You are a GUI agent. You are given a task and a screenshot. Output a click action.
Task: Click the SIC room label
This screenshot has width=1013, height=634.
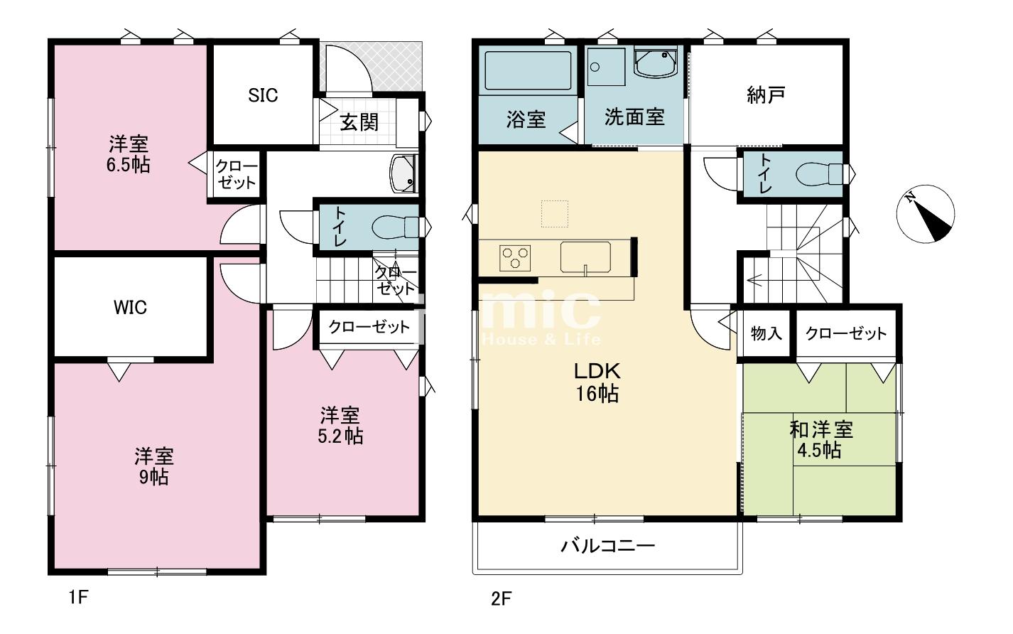[263, 95]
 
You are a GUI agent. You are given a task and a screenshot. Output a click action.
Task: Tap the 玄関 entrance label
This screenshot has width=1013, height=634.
[359, 122]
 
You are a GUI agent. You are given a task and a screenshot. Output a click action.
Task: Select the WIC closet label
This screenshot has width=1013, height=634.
[131, 307]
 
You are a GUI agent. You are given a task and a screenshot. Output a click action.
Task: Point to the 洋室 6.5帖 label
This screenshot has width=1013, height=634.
[129, 155]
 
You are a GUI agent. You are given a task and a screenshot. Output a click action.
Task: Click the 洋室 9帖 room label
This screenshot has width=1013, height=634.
[154, 466]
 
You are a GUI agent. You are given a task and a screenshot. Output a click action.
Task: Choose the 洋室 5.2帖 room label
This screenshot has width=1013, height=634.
[340, 425]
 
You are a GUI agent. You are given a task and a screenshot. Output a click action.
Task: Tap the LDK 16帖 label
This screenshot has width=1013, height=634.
[597, 382]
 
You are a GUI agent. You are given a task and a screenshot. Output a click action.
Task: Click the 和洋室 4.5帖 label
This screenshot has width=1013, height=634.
[821, 440]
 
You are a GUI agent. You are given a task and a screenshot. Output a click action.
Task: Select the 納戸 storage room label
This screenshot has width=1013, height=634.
[766, 95]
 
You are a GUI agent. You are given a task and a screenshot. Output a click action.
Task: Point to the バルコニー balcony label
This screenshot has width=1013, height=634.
[607, 546]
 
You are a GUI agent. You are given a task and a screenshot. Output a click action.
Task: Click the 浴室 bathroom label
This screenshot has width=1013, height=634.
[526, 119]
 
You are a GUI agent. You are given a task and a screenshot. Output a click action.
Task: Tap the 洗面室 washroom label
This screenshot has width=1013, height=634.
[634, 117]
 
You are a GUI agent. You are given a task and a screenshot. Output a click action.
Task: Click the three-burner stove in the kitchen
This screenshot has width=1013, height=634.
[515, 257]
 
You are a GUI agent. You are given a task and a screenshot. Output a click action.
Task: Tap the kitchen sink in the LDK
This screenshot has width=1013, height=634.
[585, 257]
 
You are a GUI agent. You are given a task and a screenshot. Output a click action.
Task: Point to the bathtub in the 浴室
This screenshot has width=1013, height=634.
[527, 70]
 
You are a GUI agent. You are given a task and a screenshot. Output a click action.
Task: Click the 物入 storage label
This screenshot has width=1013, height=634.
[766, 333]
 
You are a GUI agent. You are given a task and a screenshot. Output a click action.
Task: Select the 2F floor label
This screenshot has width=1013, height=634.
[501, 598]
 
